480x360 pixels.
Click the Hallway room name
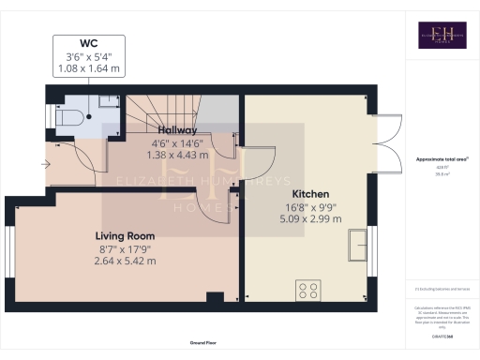177,129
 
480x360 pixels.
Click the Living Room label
124,234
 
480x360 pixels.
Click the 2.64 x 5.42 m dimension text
124,262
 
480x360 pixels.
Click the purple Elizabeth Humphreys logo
430,35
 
